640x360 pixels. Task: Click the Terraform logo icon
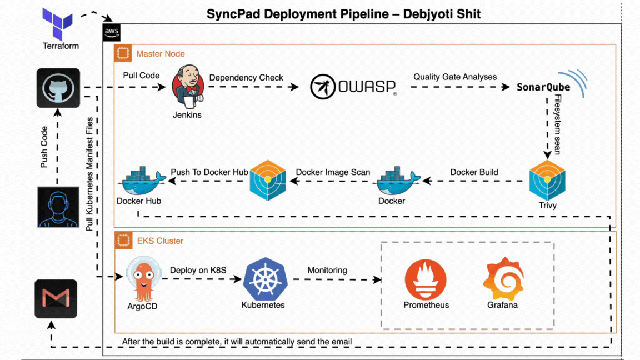pos(58,23)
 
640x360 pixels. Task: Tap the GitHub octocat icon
pos(58,88)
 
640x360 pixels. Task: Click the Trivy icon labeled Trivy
pos(547,181)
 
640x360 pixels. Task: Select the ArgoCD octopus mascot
pos(143,279)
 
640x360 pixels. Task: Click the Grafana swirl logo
pos(503,279)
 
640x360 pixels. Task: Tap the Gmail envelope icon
pos(56,299)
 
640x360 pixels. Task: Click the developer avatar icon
pos(58,207)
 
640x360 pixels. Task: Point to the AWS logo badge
pos(112,33)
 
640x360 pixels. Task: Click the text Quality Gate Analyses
pos(455,77)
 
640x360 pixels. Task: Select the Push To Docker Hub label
pos(209,172)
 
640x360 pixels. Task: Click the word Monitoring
pos(327,271)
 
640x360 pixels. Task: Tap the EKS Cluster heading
pos(160,241)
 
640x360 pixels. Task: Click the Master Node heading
pos(161,54)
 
